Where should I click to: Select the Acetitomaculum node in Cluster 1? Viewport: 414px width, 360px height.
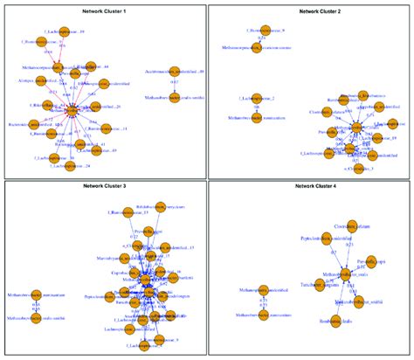[174, 71]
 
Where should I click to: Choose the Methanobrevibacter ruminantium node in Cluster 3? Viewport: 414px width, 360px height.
[36, 297]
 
